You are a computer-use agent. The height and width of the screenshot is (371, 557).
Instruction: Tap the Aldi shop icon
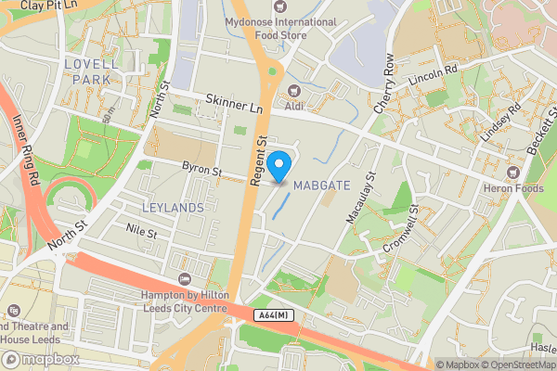(294, 90)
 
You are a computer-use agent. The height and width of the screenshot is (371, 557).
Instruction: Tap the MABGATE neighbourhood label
(320, 185)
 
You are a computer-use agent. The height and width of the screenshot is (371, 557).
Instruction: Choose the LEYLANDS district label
(173, 207)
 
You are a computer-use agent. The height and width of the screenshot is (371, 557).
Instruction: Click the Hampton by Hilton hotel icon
(185, 281)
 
